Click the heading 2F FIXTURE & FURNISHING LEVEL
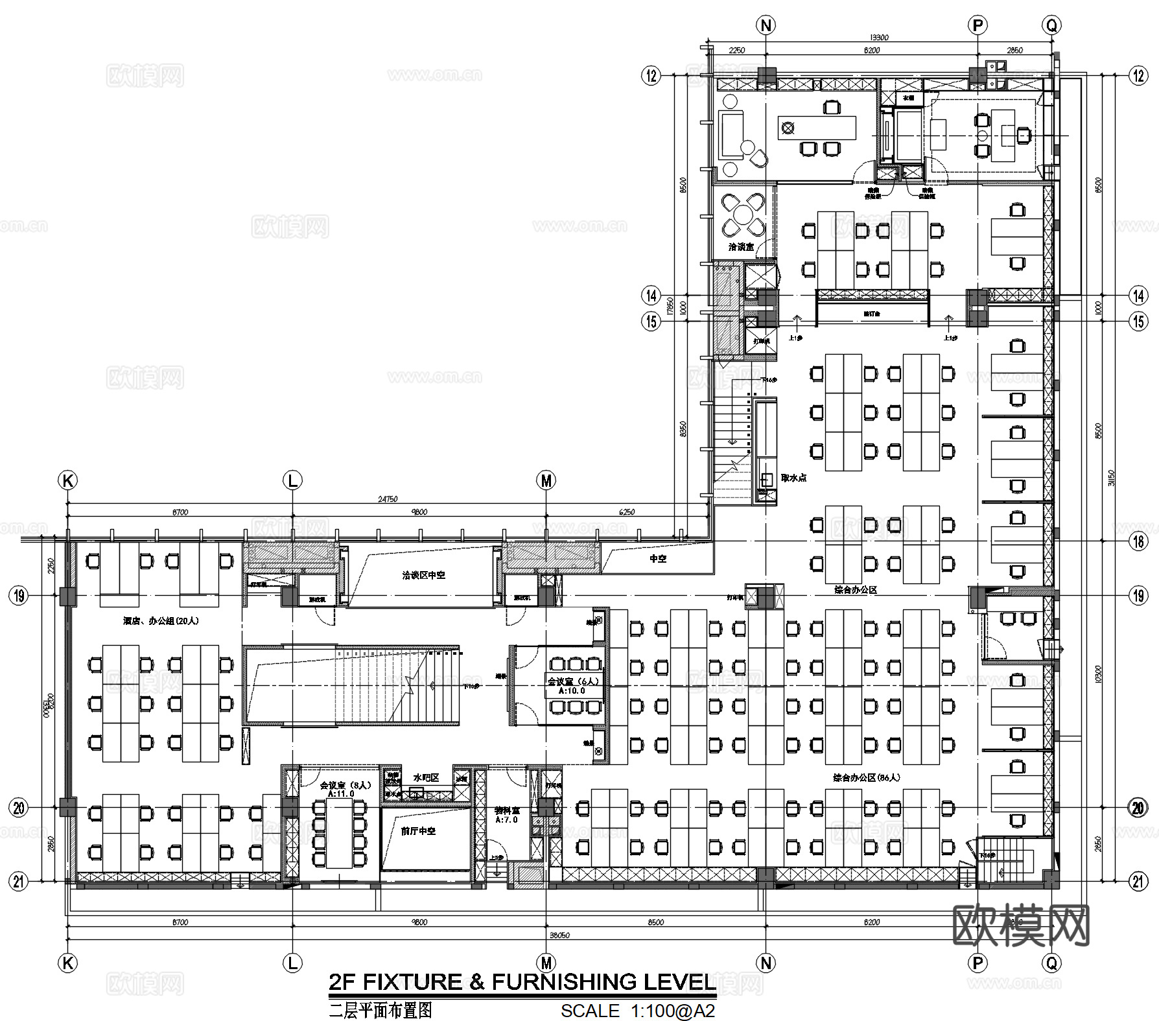pyautogui.click(x=522, y=981)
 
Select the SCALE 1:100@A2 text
pyautogui.click(x=638, y=1011)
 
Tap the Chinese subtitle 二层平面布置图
pyautogui.click(x=380, y=1010)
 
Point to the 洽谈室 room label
pyautogui.click(x=741, y=247)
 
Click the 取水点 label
pyautogui.click(x=793, y=478)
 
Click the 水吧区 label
pyautogui.click(x=426, y=777)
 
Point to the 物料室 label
pyautogui.click(x=507, y=810)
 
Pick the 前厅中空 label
pyautogui.click(x=418, y=830)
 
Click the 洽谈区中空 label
pyautogui.click(x=423, y=575)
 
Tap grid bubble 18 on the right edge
pyautogui.click(x=1138, y=541)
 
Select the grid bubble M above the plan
pyautogui.click(x=546, y=480)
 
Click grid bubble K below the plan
pyautogui.click(x=67, y=963)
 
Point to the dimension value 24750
pyautogui.click(x=387, y=499)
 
